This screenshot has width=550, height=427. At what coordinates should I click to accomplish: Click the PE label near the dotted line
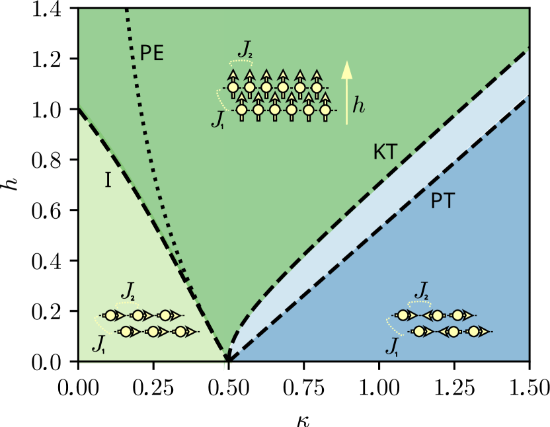151,54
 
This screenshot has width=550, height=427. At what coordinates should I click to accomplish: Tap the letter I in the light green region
108,180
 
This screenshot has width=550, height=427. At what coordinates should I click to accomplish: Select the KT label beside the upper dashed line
385,153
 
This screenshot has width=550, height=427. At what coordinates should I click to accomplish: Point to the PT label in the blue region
442,201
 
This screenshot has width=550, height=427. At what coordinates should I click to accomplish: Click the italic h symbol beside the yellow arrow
358,105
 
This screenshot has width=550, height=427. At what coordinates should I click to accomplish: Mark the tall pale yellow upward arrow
345,92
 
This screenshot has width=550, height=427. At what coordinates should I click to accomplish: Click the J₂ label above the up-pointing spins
247,49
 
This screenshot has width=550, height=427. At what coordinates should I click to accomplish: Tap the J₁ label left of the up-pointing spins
217,120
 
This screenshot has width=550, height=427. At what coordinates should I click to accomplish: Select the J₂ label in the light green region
128,290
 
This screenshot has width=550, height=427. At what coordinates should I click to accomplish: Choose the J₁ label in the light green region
98,343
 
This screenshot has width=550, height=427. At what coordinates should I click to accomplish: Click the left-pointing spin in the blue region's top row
435,316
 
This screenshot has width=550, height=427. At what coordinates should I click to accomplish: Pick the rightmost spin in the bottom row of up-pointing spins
325,108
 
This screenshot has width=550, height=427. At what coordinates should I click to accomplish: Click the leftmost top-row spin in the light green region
112,316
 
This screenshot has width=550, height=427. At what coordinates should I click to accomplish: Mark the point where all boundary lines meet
227,360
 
